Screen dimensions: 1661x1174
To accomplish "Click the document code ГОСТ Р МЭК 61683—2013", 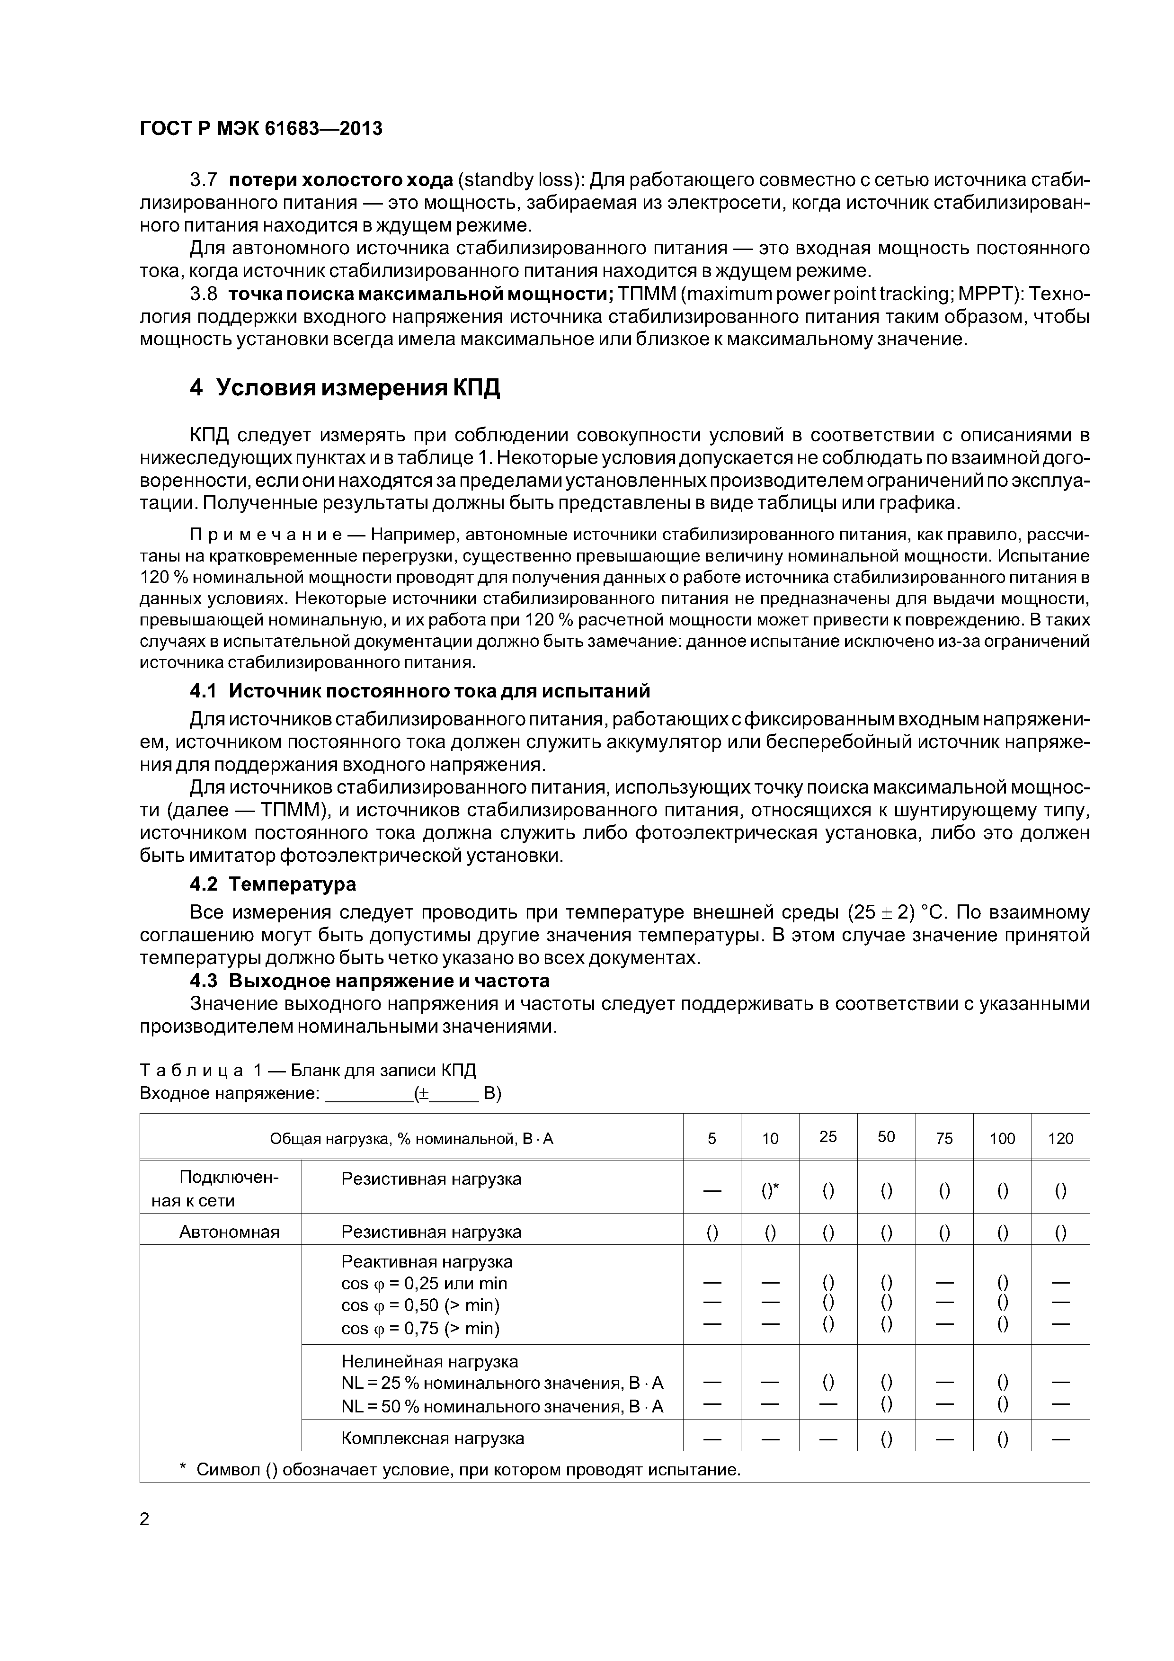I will tap(260, 129).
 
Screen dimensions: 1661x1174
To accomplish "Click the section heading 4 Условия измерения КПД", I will tap(345, 388).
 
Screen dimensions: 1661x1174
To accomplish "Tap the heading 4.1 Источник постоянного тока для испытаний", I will tap(419, 691).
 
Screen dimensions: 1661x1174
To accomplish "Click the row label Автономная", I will tap(229, 1232).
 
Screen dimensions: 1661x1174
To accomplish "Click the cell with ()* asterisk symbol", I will tap(770, 1191).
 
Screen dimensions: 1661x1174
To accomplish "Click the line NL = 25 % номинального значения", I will tap(502, 1383).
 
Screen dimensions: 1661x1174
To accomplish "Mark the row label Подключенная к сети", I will tap(220, 1189).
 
